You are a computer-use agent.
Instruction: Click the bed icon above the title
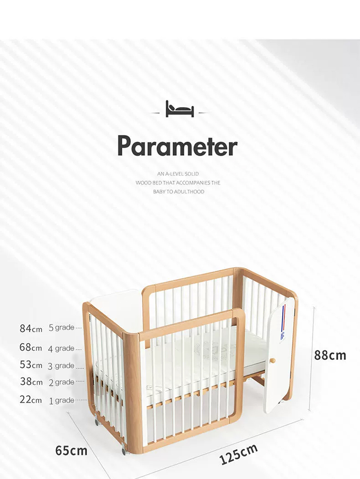point(180,109)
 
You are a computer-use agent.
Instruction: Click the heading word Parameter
point(178,146)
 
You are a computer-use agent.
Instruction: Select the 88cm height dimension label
point(330,355)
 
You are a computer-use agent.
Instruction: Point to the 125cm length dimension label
point(239,455)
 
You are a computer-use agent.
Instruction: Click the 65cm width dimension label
point(71,451)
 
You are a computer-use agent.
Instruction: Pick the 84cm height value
point(31,328)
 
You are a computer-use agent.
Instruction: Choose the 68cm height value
point(31,347)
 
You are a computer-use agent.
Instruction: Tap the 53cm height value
point(31,365)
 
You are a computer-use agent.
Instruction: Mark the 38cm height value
point(31,382)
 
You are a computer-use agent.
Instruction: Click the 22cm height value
point(31,399)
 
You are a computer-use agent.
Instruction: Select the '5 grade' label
point(61,328)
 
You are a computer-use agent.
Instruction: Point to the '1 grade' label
point(61,400)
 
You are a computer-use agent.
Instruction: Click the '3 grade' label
point(61,366)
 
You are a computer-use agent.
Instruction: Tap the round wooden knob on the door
point(272,360)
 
